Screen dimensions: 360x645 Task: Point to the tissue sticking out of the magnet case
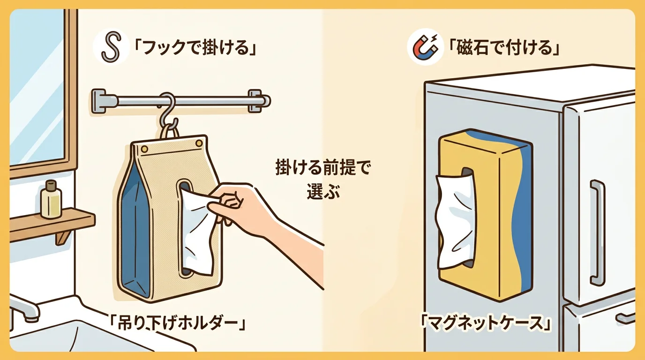(x=453, y=220)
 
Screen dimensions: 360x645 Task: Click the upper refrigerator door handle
(x=597, y=232)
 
